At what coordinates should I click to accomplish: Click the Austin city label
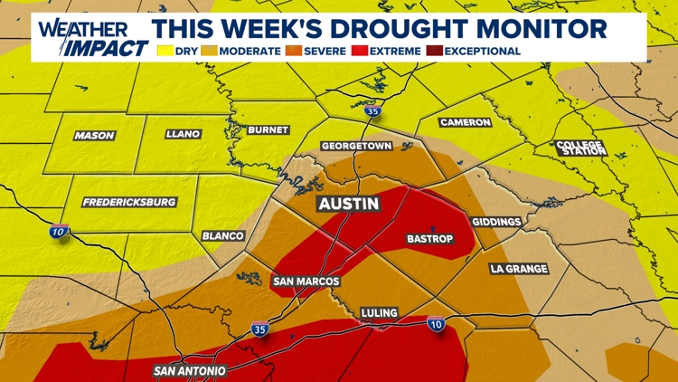tap(348, 204)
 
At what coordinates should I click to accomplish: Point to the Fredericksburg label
tap(128, 202)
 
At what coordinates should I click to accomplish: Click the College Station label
tap(580, 148)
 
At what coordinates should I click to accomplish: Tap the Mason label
tap(94, 136)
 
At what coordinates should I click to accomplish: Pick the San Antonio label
tap(189, 370)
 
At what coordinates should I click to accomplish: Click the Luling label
tap(379, 313)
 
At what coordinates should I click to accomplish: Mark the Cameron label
tap(466, 122)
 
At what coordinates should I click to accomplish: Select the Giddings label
tap(496, 222)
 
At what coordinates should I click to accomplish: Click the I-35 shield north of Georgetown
tap(373, 112)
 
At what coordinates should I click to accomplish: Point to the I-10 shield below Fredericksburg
tap(59, 233)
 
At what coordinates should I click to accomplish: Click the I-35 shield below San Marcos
tap(259, 329)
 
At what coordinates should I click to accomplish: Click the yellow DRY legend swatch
tap(165, 52)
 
